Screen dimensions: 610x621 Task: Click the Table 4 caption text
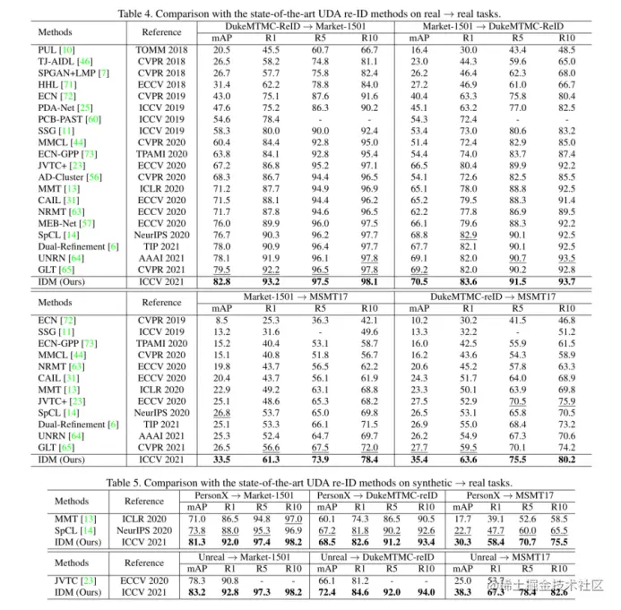tap(310, 13)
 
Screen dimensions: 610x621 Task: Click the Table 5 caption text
tap(310, 482)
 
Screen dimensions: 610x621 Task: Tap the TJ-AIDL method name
tap(59, 61)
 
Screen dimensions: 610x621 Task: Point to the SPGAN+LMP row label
tap(73, 72)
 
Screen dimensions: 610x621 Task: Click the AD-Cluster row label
tap(70, 177)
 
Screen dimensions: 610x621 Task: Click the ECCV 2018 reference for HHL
tap(161, 83)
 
